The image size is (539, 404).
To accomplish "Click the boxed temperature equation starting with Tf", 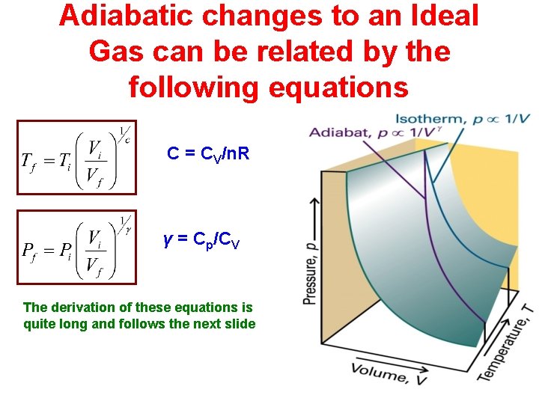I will click(x=76, y=157).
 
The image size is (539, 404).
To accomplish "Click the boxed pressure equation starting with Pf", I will click(x=76, y=248).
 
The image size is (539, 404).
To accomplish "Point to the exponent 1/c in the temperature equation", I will click(x=125, y=135).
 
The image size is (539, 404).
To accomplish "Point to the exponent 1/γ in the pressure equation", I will click(x=125, y=225).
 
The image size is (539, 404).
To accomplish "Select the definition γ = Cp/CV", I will click(x=201, y=241).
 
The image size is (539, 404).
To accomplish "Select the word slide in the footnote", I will click(x=240, y=324).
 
